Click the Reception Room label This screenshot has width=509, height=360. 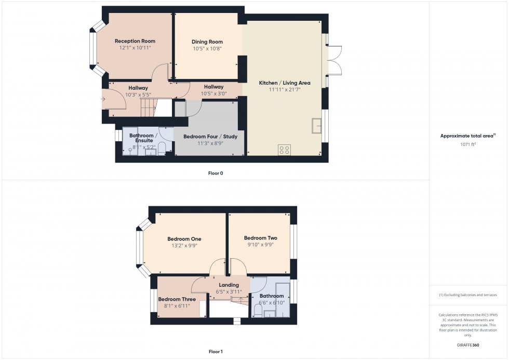click(135, 41)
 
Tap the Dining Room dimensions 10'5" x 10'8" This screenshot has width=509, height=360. click(207, 49)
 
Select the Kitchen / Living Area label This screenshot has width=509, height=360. click(285, 83)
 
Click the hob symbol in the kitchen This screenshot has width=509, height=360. click(285, 150)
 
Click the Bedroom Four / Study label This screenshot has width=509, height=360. click(210, 137)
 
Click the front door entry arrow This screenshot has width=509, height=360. click(104, 99)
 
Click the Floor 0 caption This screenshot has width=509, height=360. click(216, 173)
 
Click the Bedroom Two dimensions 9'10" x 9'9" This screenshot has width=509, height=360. click(260, 245)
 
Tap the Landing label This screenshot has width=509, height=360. click(229, 285)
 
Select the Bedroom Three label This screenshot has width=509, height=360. click(177, 299)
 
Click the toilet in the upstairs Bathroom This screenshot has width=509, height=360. click(258, 311)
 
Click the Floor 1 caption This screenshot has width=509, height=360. click(216, 352)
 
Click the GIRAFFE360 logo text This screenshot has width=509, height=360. click(468, 345)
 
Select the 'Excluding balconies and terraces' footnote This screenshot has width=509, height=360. click(468, 295)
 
